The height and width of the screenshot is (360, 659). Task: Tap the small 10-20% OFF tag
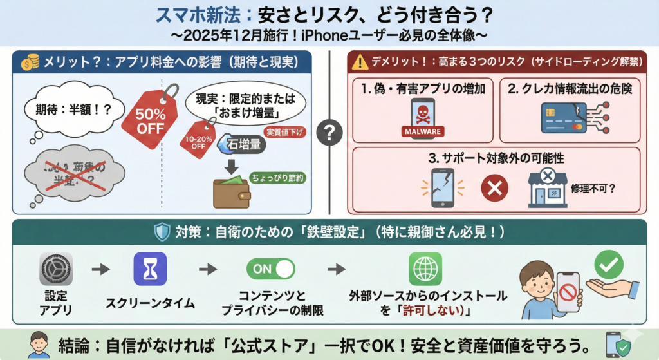pos(198,140)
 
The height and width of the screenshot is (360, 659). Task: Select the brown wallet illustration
pos(231,191)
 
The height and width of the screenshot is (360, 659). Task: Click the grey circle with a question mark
pos(329,133)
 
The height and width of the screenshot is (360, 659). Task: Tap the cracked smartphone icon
pos(443,188)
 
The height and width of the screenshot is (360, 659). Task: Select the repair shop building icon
pos(547,188)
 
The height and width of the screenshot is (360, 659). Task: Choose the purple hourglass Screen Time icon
pos(150,269)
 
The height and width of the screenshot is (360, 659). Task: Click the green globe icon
pos(425,269)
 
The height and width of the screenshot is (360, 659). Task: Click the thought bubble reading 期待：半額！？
pos(67,109)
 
